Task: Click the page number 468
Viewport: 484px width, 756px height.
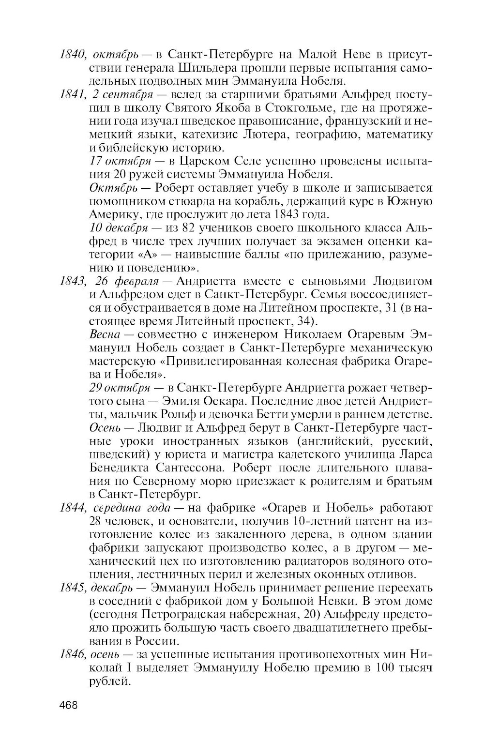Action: [x=68, y=705]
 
